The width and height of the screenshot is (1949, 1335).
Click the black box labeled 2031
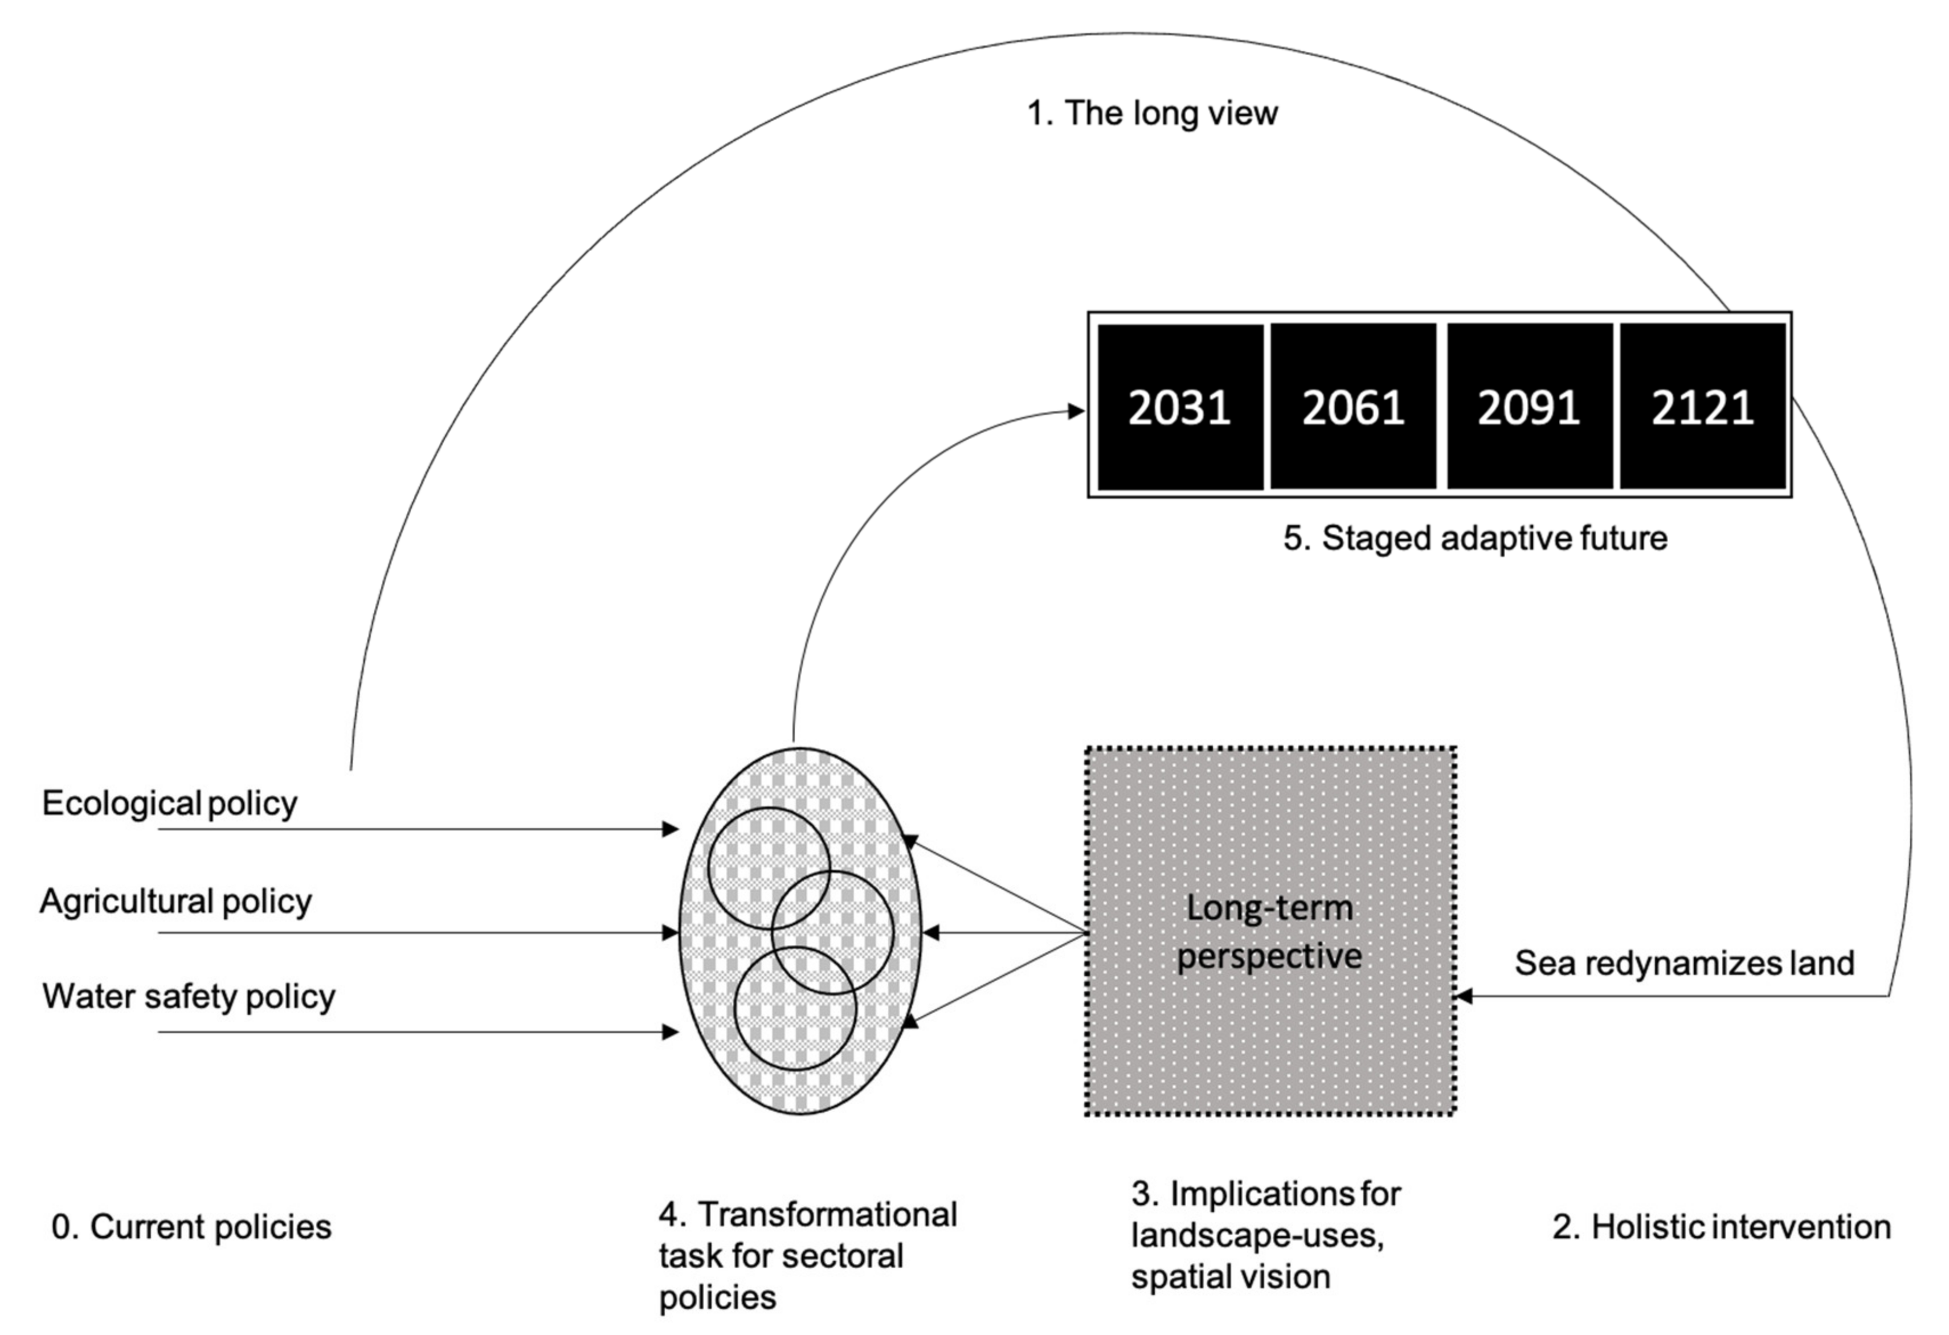(x=1179, y=407)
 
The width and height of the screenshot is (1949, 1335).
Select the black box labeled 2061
(x=1353, y=407)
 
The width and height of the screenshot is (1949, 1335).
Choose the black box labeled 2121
(x=1702, y=407)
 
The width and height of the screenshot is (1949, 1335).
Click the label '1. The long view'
(x=1153, y=113)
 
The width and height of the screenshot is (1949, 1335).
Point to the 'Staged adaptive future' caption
(x=1475, y=538)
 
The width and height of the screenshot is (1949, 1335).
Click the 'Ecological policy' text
(x=169, y=804)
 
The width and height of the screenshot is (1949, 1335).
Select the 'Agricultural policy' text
(x=175, y=902)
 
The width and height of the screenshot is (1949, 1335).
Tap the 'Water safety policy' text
(x=189, y=996)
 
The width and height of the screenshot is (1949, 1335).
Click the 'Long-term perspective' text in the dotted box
(x=1269, y=932)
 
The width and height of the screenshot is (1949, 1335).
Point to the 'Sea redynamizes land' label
(x=1684, y=963)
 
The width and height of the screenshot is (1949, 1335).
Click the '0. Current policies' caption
(x=191, y=1227)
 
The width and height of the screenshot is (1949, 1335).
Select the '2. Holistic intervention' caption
(x=1722, y=1227)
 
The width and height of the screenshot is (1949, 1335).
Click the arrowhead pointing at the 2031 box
(x=1076, y=411)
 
